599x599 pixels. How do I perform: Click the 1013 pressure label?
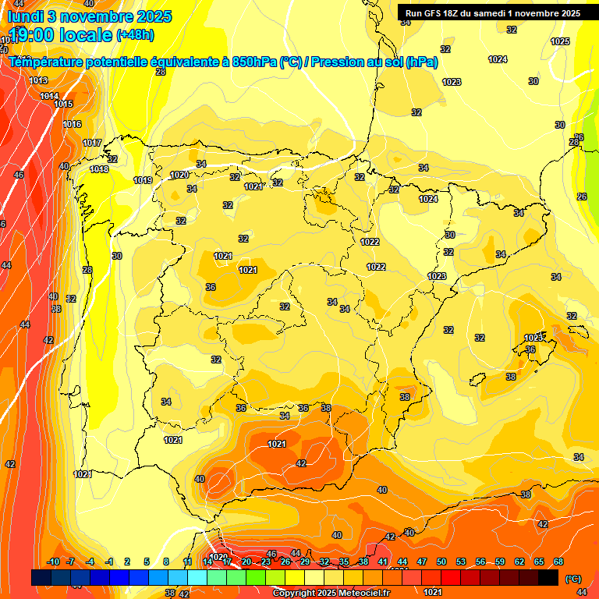pyautogui.click(x=38, y=80)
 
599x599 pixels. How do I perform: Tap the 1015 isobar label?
pyautogui.click(x=63, y=104)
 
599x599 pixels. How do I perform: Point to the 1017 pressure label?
pyautogui.click(x=92, y=143)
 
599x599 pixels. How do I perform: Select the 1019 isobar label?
pyautogui.click(x=143, y=180)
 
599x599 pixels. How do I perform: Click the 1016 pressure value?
pyautogui.click(x=72, y=124)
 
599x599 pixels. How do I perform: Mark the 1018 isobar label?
pyautogui.click(x=99, y=169)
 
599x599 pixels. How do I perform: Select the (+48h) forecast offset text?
pyautogui.click(x=135, y=36)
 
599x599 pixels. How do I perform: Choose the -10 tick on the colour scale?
pyautogui.click(x=53, y=562)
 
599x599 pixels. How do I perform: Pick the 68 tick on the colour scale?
pyautogui.click(x=558, y=562)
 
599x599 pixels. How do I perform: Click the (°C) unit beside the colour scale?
pyautogui.click(x=573, y=578)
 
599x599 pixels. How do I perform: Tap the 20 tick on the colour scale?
pyautogui.click(x=246, y=562)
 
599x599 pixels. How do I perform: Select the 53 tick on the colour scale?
pyautogui.click(x=461, y=562)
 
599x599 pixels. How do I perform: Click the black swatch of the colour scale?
pyautogui.click(x=548, y=577)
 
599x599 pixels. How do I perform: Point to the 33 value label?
pyautogui.click(x=56, y=309)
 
